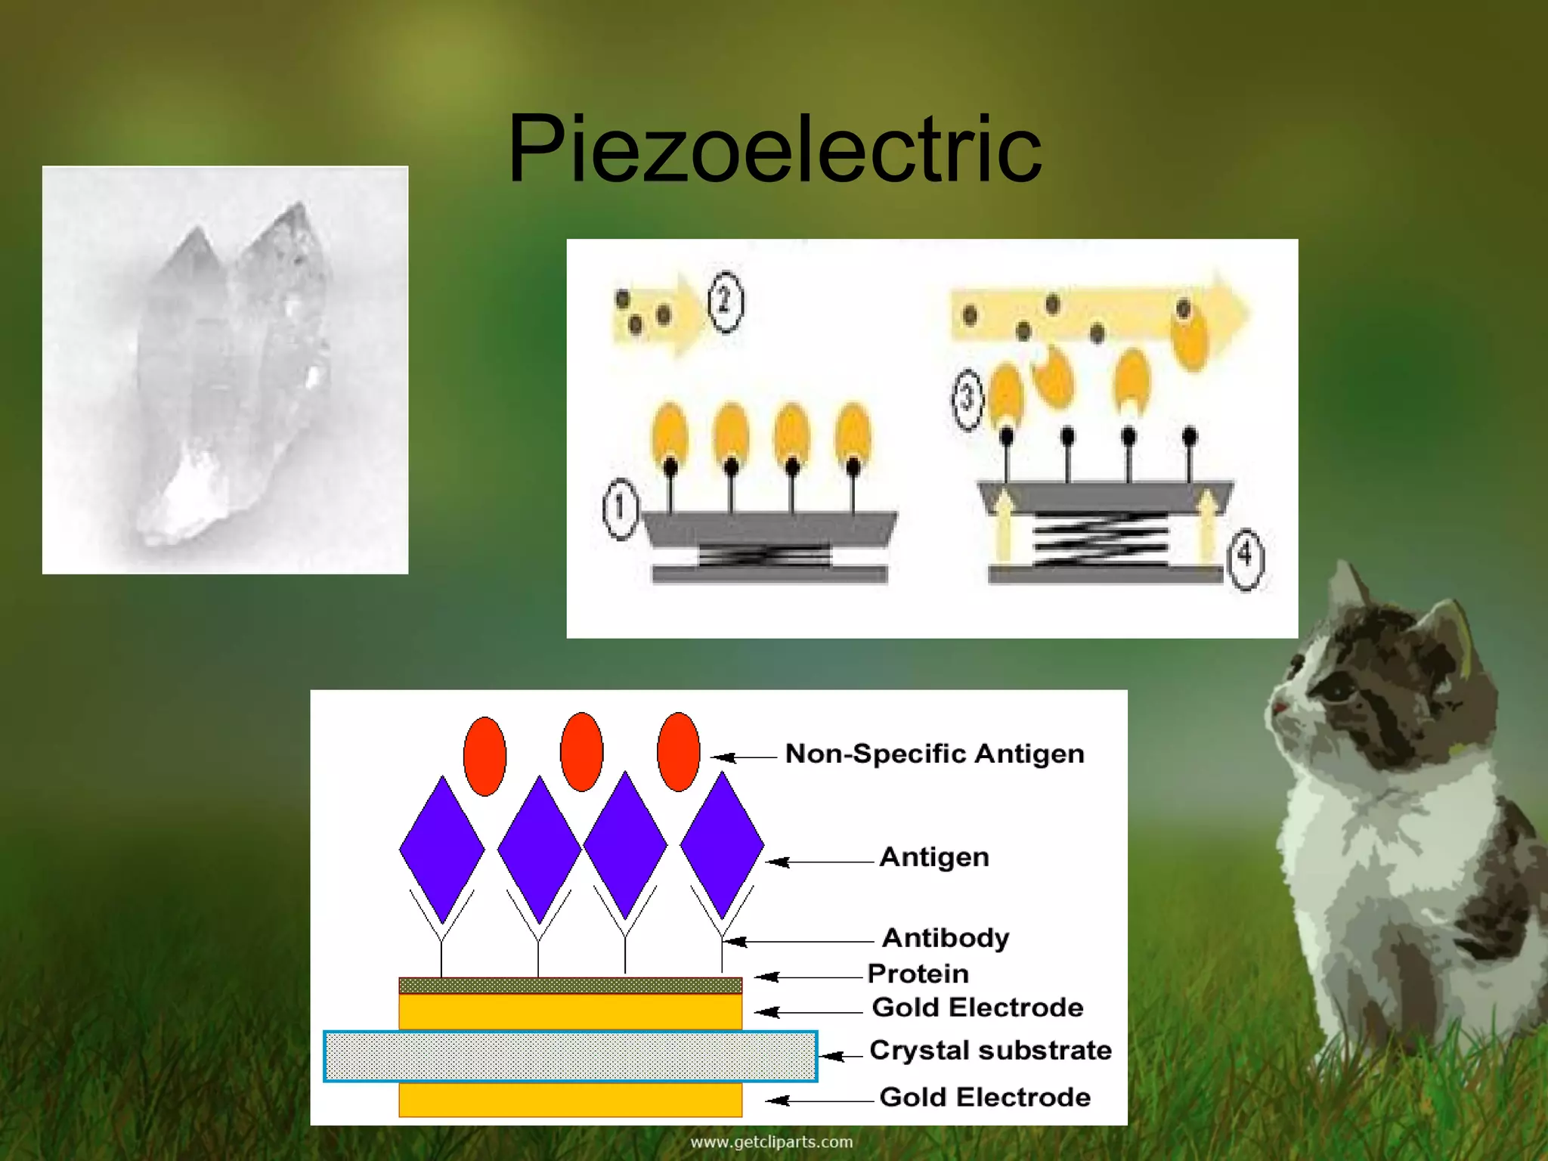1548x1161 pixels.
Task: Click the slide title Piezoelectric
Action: pyautogui.click(x=774, y=149)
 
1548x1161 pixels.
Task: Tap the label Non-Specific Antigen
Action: pyautogui.click(x=934, y=754)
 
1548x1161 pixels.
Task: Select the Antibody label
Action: pyautogui.click(x=945, y=938)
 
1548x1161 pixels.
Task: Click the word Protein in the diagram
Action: pyautogui.click(x=918, y=974)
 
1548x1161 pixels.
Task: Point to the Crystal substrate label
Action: pyautogui.click(x=990, y=1050)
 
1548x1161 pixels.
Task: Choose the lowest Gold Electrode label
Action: pyautogui.click(x=984, y=1097)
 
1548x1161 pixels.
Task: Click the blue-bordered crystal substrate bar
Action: pyautogui.click(x=571, y=1056)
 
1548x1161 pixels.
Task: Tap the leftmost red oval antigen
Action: pyautogui.click(x=485, y=756)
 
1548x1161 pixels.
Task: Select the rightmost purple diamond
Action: pyautogui.click(x=722, y=844)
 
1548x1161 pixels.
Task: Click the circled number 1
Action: pyautogui.click(x=621, y=509)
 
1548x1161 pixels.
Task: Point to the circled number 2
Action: pyautogui.click(x=726, y=302)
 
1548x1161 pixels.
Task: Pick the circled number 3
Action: pyautogui.click(x=967, y=398)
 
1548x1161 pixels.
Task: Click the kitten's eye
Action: pyautogui.click(x=1339, y=689)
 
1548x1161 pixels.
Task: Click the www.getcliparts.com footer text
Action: pyautogui.click(x=771, y=1142)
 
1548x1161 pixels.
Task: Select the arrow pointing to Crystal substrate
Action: pyautogui.click(x=840, y=1056)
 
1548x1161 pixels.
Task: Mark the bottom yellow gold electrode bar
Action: pyautogui.click(x=571, y=1100)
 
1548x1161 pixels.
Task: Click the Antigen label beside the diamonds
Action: pyautogui.click(x=934, y=857)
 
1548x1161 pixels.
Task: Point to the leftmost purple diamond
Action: pyautogui.click(x=442, y=849)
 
